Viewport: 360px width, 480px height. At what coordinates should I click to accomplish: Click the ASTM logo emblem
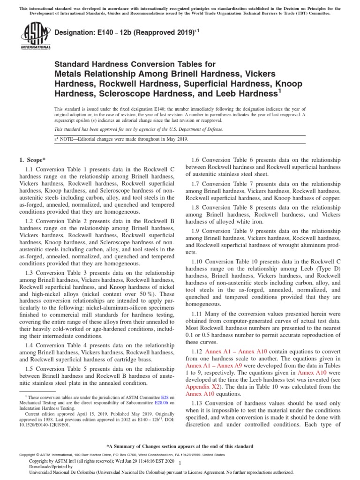point(35,34)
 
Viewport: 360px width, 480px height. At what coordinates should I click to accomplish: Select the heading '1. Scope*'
point(32,159)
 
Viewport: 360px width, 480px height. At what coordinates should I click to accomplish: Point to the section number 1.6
point(199,159)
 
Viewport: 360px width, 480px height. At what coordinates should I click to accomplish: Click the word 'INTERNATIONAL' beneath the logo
point(35,47)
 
